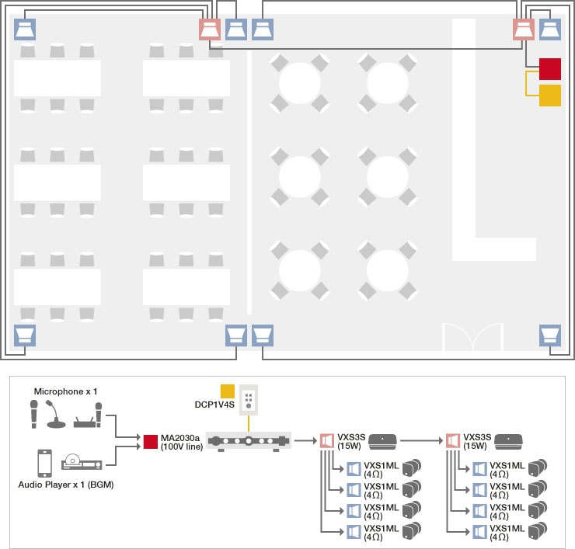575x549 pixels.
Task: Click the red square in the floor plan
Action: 550,68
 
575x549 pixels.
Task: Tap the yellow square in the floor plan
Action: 550,96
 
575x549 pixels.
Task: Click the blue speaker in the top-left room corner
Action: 26,30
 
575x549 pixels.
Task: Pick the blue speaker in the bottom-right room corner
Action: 550,335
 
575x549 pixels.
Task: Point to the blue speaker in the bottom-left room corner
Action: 26,335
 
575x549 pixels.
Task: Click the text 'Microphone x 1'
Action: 65,391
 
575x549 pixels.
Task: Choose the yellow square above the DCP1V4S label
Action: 228,390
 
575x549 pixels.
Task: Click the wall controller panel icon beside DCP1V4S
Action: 249,400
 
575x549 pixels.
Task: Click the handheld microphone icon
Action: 34,413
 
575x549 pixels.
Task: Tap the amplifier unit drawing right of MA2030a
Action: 248,441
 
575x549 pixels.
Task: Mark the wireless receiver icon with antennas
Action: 88,419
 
